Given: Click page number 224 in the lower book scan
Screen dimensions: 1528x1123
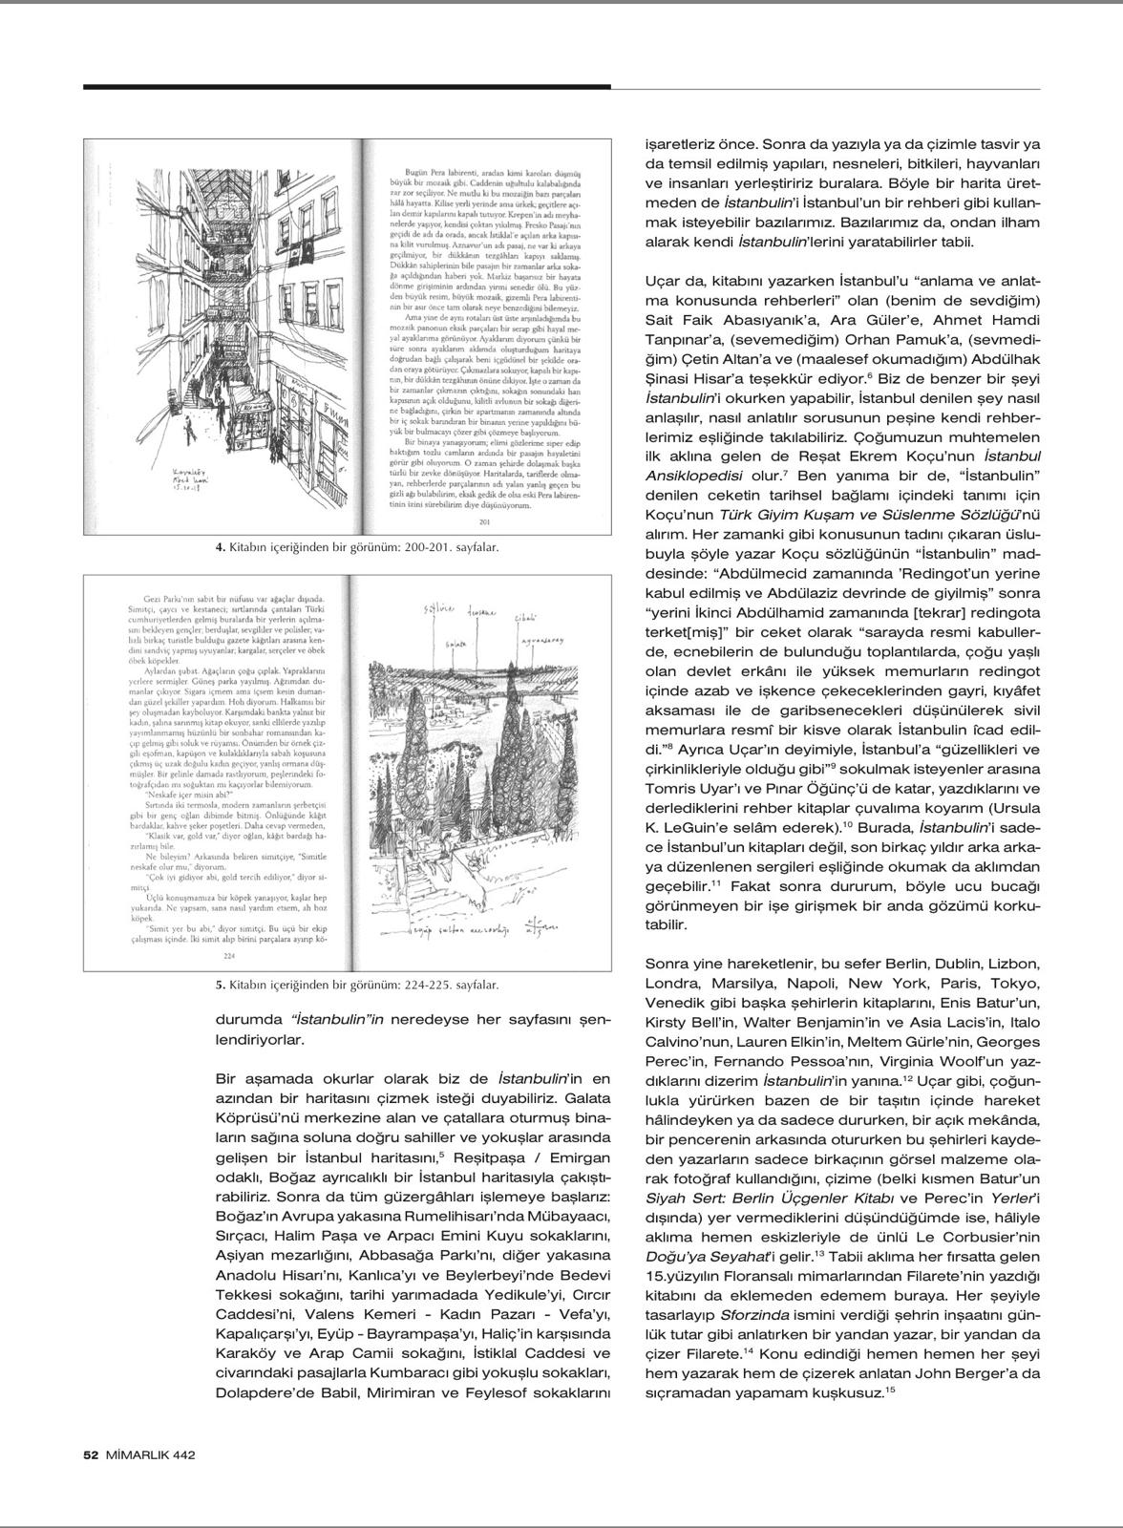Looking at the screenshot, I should point(228,955).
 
